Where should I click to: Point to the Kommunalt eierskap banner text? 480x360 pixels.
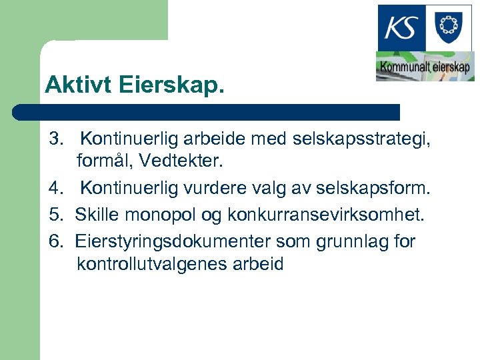pos(425,67)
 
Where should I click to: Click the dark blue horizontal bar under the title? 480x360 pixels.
pos(207,112)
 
